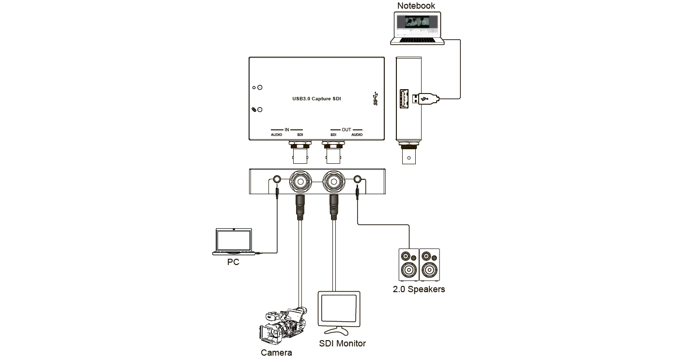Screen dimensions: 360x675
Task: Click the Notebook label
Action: pyautogui.click(x=416, y=6)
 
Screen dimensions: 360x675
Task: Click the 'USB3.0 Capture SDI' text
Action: pyautogui.click(x=316, y=98)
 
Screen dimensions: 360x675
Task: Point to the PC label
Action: pyautogui.click(x=233, y=263)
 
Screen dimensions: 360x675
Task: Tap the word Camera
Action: pyautogui.click(x=277, y=353)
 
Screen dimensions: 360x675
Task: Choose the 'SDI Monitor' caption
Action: pyautogui.click(x=342, y=344)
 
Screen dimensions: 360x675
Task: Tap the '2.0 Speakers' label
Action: pyautogui.click(x=418, y=290)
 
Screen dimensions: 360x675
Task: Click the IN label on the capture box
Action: pyautogui.click(x=286, y=129)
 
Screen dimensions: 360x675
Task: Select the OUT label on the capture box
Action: pyautogui.click(x=346, y=129)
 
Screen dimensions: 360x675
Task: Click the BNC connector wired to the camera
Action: pyautogui.click(x=299, y=182)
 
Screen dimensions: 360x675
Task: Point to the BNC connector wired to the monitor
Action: pyautogui.click(x=333, y=182)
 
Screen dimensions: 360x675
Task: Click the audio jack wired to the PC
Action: pyautogui.click(x=277, y=180)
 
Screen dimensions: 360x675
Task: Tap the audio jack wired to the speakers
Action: pyautogui.click(x=357, y=180)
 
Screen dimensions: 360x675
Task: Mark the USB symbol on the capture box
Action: pyautogui.click(x=374, y=98)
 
